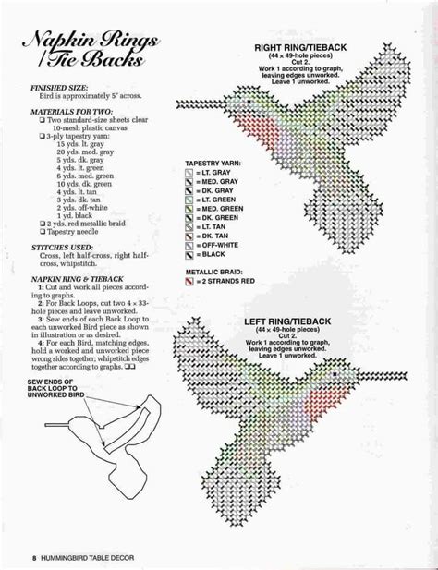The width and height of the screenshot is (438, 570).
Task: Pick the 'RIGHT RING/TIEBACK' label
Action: [300, 44]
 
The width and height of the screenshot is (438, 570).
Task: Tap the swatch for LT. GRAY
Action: [189, 172]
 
